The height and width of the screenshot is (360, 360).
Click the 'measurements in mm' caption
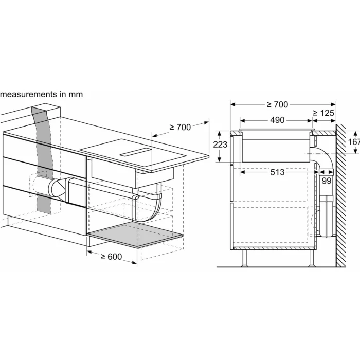[x=41, y=94]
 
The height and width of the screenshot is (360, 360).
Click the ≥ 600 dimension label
[x=112, y=257]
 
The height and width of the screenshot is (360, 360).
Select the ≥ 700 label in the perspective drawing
[x=180, y=127]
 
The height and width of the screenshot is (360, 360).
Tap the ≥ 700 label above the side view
[x=277, y=105]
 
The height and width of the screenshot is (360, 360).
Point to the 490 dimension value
[x=277, y=120]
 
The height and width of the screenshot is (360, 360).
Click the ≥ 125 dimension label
[x=323, y=113]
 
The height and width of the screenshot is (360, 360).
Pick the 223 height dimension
[x=220, y=145]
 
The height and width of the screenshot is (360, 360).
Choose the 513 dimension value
[x=277, y=172]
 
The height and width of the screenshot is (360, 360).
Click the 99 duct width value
[x=326, y=181]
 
